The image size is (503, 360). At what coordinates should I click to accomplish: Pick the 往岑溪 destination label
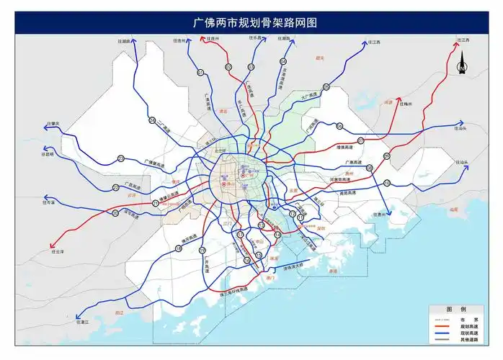pos(48,204)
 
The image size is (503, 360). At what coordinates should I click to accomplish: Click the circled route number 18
pos(178,248)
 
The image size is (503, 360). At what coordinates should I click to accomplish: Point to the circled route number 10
pos(387,183)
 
